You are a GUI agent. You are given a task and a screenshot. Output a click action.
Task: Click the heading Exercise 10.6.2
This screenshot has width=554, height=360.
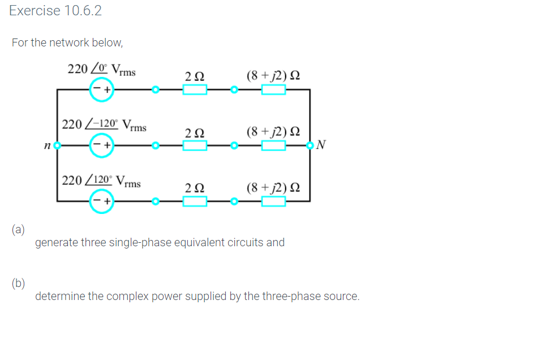(55, 11)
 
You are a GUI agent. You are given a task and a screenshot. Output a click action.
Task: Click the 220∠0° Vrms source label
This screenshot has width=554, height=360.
(101, 70)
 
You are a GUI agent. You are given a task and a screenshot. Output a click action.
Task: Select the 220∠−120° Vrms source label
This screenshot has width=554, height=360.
(104, 125)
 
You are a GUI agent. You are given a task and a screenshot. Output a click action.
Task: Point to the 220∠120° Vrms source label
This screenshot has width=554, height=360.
(101, 182)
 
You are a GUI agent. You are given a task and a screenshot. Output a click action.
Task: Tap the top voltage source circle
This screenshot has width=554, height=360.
(102, 89)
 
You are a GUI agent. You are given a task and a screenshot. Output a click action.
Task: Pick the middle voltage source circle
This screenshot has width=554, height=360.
(102, 145)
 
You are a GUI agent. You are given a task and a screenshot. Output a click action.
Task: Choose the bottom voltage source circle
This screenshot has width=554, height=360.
(102, 201)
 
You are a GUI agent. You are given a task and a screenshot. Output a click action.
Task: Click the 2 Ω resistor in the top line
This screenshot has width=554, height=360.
(195, 89)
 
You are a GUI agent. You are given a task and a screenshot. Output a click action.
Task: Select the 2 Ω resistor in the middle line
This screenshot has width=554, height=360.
(195, 145)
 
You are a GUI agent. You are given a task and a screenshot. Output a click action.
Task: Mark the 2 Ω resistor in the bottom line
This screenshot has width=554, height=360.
(195, 201)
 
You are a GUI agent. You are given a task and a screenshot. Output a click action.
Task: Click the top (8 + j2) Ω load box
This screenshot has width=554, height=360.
(273, 89)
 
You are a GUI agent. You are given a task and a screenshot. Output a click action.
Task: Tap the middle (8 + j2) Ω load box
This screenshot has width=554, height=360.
(273, 145)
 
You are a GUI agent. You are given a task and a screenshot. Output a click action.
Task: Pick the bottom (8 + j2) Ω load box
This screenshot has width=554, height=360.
(273, 201)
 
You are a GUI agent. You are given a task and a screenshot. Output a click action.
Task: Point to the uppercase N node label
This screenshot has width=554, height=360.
(321, 145)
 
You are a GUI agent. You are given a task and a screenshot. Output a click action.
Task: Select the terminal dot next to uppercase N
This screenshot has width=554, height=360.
(310, 145)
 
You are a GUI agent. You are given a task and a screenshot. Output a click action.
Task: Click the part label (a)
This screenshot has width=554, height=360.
(18, 229)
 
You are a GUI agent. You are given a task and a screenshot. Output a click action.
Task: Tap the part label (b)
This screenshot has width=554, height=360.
(18, 283)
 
